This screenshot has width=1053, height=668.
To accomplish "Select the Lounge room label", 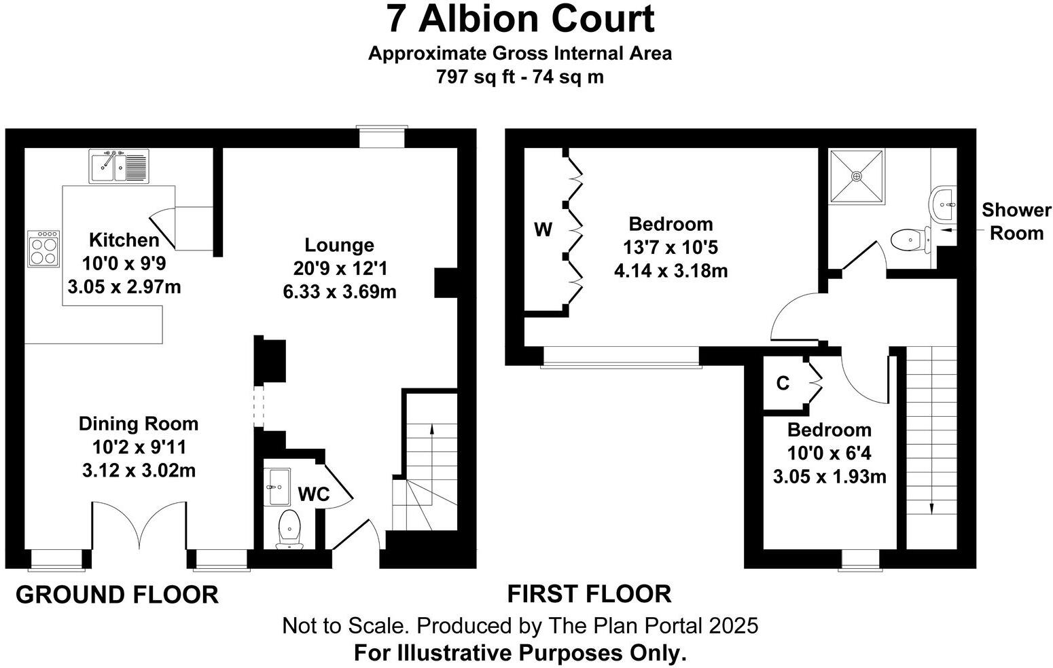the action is (339, 245).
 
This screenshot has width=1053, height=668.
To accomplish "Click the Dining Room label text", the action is (139, 424).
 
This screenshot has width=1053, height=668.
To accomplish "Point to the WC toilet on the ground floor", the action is (290, 528).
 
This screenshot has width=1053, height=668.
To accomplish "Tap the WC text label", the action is (314, 494).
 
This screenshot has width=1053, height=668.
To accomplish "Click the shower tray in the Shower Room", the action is (857, 176).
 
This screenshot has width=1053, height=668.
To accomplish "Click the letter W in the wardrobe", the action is (543, 230).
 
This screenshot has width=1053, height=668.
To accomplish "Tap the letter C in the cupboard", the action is (783, 384).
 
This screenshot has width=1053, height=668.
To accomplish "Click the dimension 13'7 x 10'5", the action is (671, 248).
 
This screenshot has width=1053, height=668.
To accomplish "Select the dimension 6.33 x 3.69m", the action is (340, 292).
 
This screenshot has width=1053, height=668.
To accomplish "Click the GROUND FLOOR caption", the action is (117, 595).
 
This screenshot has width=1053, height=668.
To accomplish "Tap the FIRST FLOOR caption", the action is (589, 594).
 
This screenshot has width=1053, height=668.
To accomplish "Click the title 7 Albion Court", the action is (520, 18).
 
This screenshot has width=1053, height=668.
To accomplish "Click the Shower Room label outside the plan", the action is (1016, 221).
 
